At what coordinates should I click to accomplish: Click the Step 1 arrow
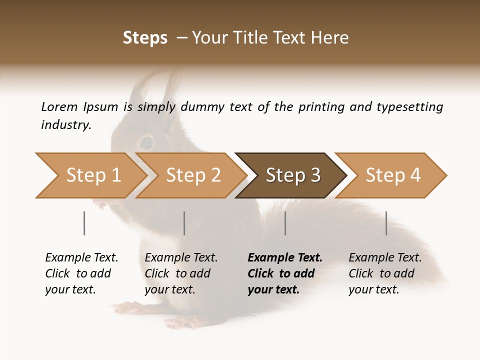point(92,175)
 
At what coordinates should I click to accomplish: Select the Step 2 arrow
point(192,175)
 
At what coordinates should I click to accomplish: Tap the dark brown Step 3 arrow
point(292,175)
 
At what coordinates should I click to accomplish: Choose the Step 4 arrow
point(392,175)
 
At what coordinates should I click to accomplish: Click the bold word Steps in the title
point(145,38)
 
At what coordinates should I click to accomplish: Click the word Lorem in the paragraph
point(59,106)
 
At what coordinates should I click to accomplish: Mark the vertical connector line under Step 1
point(84,223)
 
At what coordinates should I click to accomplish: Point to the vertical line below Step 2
point(184,223)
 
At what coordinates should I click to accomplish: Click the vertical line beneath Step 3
point(285,223)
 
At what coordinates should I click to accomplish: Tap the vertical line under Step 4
point(386,223)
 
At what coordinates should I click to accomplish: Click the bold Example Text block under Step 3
point(285,273)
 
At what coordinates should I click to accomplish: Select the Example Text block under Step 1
point(81,273)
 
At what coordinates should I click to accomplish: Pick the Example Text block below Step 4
point(385,273)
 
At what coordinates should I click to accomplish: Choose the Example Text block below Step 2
point(181,273)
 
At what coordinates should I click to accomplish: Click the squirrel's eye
point(146,142)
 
